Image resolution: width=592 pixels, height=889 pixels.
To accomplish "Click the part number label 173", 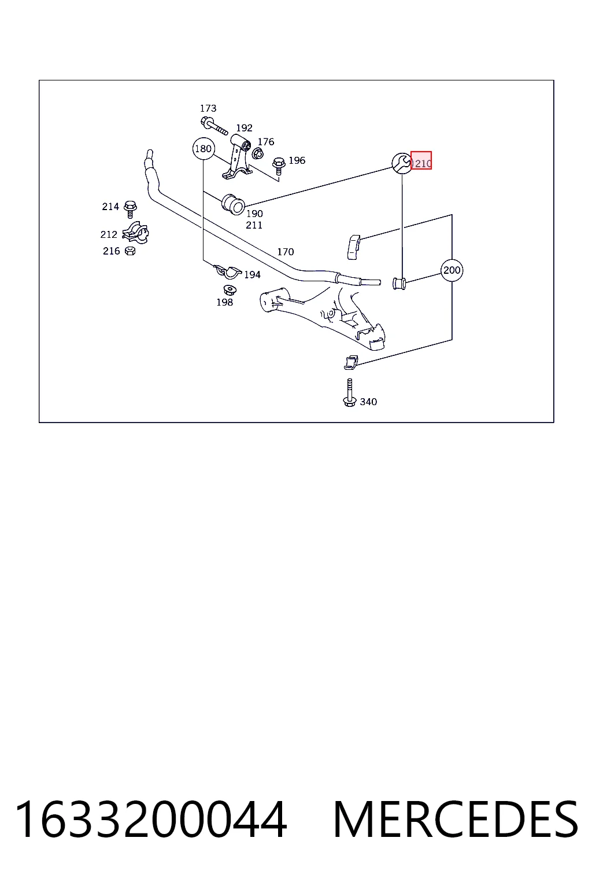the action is (208, 108).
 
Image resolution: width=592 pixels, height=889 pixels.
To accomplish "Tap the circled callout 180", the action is (203, 149).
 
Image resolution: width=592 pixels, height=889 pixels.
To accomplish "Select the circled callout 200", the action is (452, 270).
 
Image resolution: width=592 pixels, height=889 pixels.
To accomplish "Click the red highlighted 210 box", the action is (421, 160).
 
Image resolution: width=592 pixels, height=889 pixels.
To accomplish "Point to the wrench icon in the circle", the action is (402, 163).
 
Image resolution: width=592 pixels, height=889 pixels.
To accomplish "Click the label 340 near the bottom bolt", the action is (368, 402).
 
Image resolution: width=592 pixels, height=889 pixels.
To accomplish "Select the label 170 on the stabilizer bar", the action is (286, 252).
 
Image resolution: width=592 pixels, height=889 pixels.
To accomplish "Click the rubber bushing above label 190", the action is (233, 204).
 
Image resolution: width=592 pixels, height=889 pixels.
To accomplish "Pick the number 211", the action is (254, 225).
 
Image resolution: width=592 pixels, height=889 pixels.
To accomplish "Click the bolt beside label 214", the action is (130, 209).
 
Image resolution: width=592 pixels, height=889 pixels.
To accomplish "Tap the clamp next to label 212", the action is (135, 233).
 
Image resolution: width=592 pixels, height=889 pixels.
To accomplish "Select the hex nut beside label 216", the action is (130, 251).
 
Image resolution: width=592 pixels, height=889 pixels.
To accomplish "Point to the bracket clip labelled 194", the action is (227, 271).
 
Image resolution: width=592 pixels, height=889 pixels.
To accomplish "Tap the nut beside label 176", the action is (257, 153).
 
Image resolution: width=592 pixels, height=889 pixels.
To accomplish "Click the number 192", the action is (244, 128).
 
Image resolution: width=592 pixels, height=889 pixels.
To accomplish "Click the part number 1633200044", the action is (151, 819).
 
